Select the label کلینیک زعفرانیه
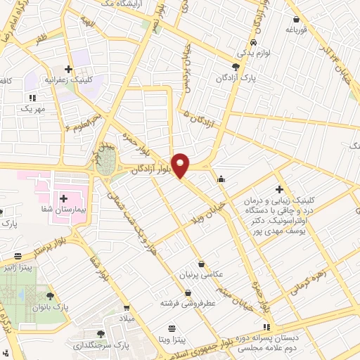point(68,79)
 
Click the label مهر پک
point(32,110)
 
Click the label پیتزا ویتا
point(172,340)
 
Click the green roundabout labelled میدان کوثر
point(105,164)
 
